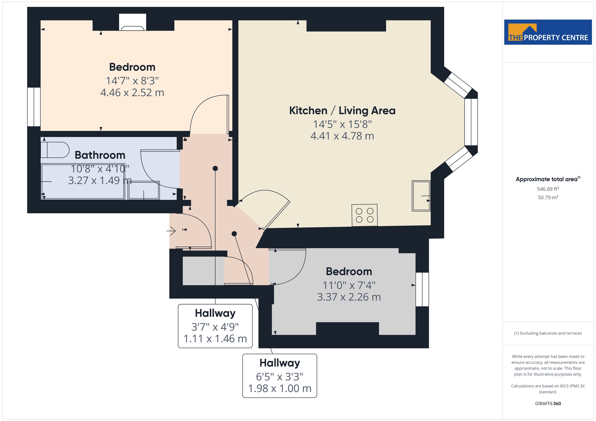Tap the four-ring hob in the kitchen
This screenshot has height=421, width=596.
pyautogui.click(x=364, y=215)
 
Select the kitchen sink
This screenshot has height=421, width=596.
pyautogui.click(x=421, y=196)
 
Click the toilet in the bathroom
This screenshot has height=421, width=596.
pyautogui.click(x=55, y=150)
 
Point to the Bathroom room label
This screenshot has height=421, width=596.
pyautogui.click(x=100, y=155)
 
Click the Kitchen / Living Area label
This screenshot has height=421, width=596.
pyautogui.click(x=342, y=110)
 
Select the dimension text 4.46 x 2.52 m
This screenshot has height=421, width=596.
pyautogui.click(x=132, y=93)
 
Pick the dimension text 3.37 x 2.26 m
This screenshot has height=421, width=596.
pyautogui.click(x=349, y=297)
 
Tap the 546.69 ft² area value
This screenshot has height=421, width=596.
pyautogui.click(x=548, y=189)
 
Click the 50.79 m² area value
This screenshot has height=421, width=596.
pyautogui.click(x=548, y=197)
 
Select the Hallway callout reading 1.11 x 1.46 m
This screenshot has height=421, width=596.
pyautogui.click(x=215, y=326)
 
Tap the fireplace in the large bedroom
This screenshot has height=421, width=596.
pyautogui.click(x=132, y=22)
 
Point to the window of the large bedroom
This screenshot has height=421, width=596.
pyautogui.click(x=34, y=107)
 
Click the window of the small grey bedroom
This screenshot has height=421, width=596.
pyautogui.click(x=422, y=289)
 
